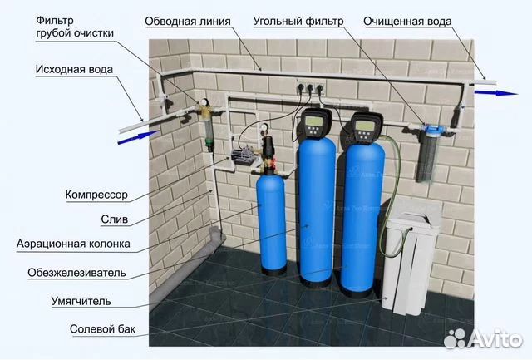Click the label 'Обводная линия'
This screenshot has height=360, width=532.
188,22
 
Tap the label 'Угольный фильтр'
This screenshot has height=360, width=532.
298,22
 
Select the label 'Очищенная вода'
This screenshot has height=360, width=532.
407,22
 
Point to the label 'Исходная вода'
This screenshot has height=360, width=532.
74,70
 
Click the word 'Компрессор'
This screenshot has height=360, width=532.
96,195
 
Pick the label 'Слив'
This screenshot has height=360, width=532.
115,219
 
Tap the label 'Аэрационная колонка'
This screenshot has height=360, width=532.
73,244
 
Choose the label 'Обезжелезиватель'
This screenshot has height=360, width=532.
76,273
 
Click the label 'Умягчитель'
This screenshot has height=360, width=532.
81,301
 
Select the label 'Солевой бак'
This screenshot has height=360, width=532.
102,328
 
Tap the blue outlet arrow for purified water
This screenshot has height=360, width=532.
496,92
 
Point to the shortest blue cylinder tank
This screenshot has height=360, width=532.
272,221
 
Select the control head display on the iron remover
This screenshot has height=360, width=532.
313,121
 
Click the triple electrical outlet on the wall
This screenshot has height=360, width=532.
309,88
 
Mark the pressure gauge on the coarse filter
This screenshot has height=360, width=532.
204,101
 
